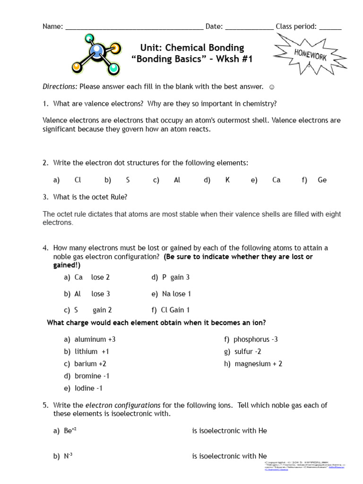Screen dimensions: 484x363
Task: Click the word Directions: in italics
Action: pyautogui.click(x=60, y=86)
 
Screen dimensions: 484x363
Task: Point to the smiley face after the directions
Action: pyautogui.click(x=271, y=86)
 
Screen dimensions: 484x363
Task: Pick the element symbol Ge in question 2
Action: pyautogui.click(x=322, y=180)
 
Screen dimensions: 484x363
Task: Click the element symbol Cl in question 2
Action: pyautogui.click(x=78, y=180)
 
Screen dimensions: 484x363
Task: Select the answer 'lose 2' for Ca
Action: pyautogui.click(x=100, y=277)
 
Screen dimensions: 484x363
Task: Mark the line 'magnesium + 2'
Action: pyautogui.click(x=259, y=364)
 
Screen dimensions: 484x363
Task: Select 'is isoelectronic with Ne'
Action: pyautogui.click(x=229, y=456)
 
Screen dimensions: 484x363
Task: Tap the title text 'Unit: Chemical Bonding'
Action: pyautogui.click(x=192, y=48)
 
